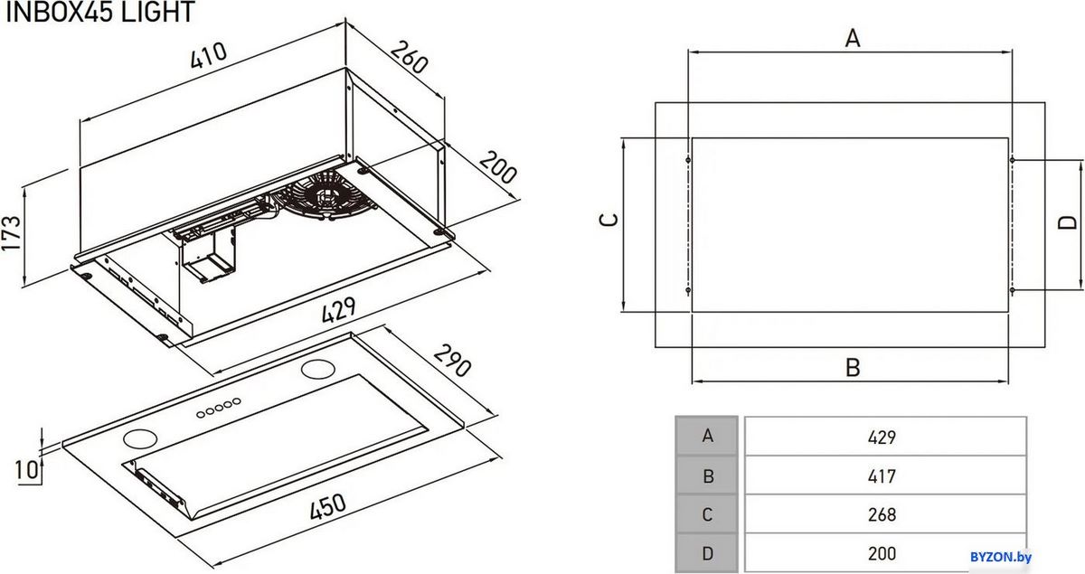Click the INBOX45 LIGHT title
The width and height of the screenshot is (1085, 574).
(99, 12)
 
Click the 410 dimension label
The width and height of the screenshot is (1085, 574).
(208, 56)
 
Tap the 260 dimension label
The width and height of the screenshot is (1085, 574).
(410, 57)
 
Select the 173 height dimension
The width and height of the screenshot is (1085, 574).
(11, 233)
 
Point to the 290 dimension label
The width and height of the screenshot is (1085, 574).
(452, 361)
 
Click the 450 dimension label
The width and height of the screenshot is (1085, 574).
(327, 507)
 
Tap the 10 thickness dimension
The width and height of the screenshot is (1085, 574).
(26, 470)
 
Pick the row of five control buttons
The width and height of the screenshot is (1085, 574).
(219, 408)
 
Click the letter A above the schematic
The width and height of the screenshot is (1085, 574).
(853, 38)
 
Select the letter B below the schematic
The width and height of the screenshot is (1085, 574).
(853, 367)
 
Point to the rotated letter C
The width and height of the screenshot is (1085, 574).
(609, 220)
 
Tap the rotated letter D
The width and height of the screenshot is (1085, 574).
(1067, 222)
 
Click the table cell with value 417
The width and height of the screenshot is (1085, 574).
(885, 475)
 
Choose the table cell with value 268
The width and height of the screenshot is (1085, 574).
(885, 514)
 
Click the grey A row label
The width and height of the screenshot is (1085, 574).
(707, 436)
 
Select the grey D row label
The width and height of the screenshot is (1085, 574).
(707, 553)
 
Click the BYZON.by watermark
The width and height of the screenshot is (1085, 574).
(1001, 557)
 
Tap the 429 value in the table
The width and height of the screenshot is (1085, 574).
(882, 438)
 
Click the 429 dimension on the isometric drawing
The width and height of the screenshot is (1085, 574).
(338, 309)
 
